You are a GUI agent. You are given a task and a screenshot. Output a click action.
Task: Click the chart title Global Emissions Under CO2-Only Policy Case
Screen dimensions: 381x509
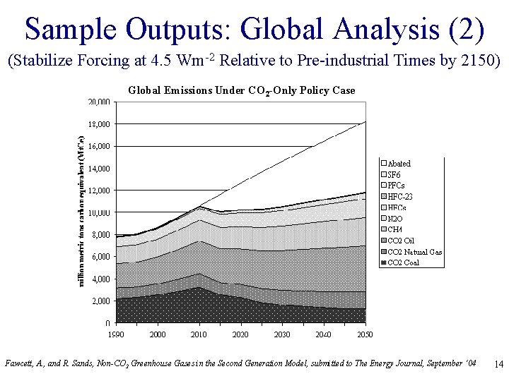click(x=241, y=90)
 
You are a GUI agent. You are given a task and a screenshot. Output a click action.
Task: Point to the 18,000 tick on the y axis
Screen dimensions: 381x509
click(x=99, y=124)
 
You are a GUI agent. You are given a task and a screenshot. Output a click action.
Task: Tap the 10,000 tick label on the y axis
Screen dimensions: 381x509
click(x=99, y=212)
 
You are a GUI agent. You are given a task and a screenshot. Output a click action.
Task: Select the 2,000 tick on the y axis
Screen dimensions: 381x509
click(x=101, y=301)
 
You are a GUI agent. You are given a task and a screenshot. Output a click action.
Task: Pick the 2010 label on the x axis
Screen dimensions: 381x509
click(x=199, y=334)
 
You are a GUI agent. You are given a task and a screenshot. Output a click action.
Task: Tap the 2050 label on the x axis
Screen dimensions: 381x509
click(x=365, y=334)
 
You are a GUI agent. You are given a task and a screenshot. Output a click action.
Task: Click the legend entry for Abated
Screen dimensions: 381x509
click(x=399, y=163)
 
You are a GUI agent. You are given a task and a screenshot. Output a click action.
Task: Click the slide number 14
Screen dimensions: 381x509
click(x=498, y=364)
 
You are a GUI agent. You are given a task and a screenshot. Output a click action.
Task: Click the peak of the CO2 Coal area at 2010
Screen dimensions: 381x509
click(x=199, y=287)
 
